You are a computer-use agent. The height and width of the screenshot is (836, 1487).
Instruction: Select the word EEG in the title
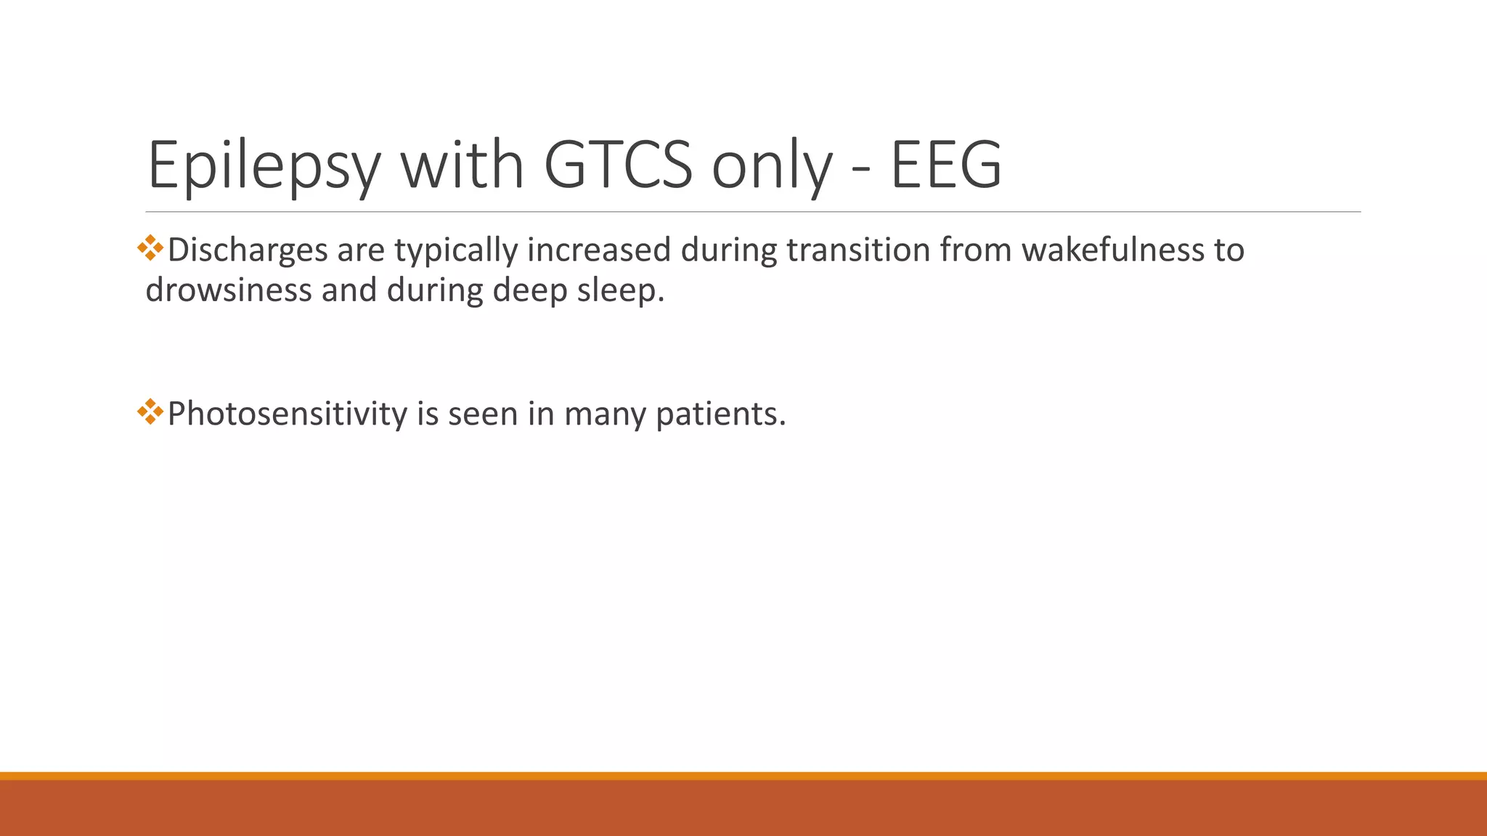pos(946,165)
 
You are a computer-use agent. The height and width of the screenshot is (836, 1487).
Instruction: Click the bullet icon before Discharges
pos(150,248)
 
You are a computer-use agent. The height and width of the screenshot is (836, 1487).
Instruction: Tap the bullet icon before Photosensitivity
pos(150,412)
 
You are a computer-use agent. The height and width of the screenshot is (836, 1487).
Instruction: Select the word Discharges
pos(248,250)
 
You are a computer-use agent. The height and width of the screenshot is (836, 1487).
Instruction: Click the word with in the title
pos(463,165)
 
